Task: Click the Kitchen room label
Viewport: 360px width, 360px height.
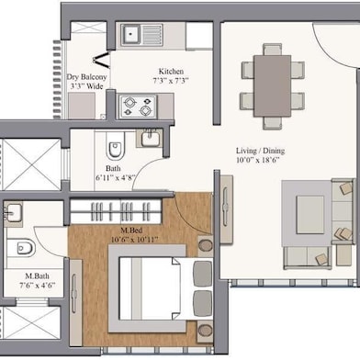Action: [x=171, y=72]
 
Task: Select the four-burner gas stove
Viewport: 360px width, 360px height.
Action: [x=138, y=107]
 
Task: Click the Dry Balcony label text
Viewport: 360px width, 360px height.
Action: [x=86, y=77]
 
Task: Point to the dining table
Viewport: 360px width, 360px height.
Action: [x=272, y=85]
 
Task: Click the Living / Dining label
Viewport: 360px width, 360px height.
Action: [x=260, y=151]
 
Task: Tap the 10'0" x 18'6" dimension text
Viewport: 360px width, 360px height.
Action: [x=258, y=160]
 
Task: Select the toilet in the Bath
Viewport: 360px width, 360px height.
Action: [x=116, y=145]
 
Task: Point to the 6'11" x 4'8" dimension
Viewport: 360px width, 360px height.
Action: [x=116, y=178]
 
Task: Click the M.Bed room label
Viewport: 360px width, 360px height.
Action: [x=131, y=231]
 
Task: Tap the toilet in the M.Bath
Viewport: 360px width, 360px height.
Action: [x=21, y=248]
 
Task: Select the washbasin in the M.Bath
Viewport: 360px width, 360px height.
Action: [x=12, y=212]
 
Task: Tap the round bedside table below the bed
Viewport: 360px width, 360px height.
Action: [x=205, y=331]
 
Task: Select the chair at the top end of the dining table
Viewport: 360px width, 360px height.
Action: [x=272, y=50]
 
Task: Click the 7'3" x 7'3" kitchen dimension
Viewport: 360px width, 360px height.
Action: [x=171, y=81]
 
